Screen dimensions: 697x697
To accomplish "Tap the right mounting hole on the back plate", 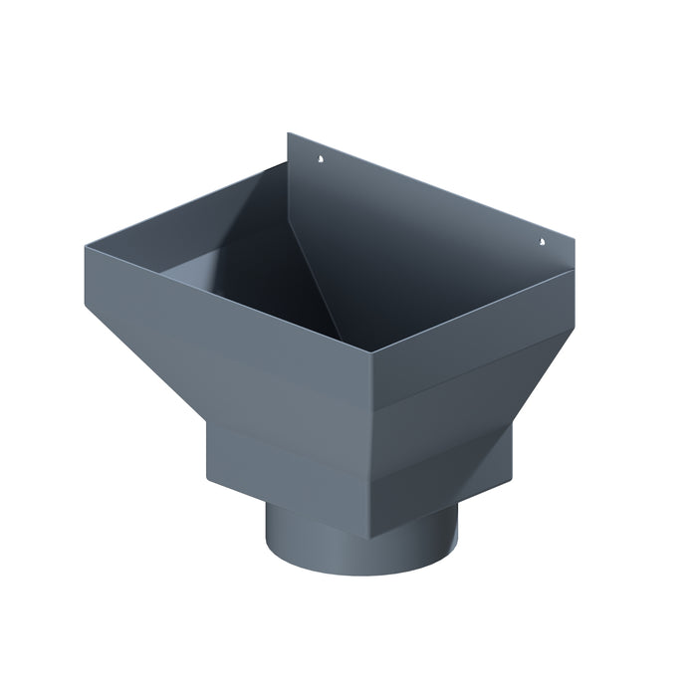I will click(x=543, y=240).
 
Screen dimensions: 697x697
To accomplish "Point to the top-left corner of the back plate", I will click(x=289, y=133).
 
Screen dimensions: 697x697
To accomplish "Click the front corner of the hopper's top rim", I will click(x=372, y=351).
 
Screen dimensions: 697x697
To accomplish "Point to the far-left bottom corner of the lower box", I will click(x=207, y=476).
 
